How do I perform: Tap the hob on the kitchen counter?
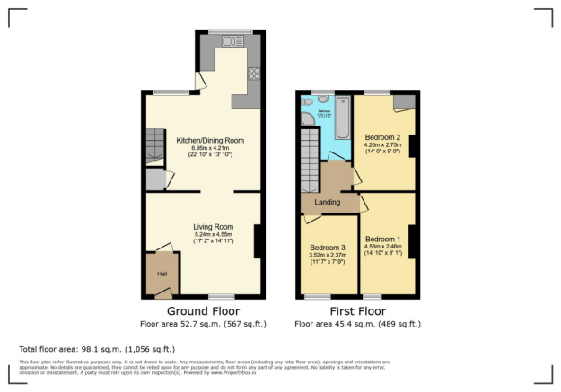pyautogui.click(x=254, y=74)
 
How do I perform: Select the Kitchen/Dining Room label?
pyautogui.click(x=210, y=141)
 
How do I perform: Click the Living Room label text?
pyautogui.click(x=214, y=227)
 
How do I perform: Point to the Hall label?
pyautogui.click(x=162, y=274)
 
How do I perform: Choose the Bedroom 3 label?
pyautogui.click(x=328, y=248)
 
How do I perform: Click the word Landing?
pyautogui.click(x=327, y=203)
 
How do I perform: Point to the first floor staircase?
pyautogui.click(x=310, y=157)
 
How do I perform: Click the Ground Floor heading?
pyautogui.click(x=203, y=312)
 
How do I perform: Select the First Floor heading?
pyautogui.click(x=356, y=312)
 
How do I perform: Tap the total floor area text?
pyautogui.click(x=97, y=348)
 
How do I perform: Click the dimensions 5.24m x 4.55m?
pyautogui.click(x=214, y=235)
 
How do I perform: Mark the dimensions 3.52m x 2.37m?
pyautogui.click(x=328, y=256)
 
